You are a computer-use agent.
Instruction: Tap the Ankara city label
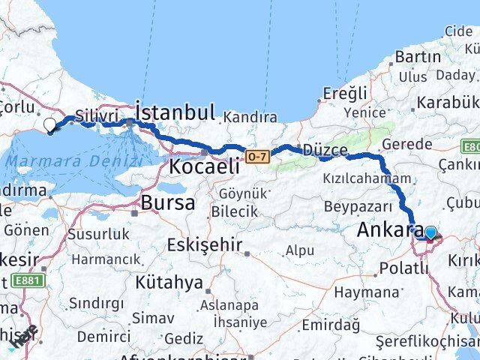(x=389, y=231)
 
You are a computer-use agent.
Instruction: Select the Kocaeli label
(x=204, y=166)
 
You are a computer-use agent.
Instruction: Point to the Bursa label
(x=168, y=202)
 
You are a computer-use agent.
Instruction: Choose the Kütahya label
(x=169, y=283)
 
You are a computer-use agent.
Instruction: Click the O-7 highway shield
(x=256, y=155)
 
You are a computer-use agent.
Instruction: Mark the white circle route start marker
(x=49, y=125)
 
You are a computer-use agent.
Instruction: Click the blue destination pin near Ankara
(x=430, y=232)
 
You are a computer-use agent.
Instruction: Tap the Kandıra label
(x=250, y=118)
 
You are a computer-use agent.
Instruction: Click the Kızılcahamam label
(x=367, y=178)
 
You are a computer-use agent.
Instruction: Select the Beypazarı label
(x=357, y=205)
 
